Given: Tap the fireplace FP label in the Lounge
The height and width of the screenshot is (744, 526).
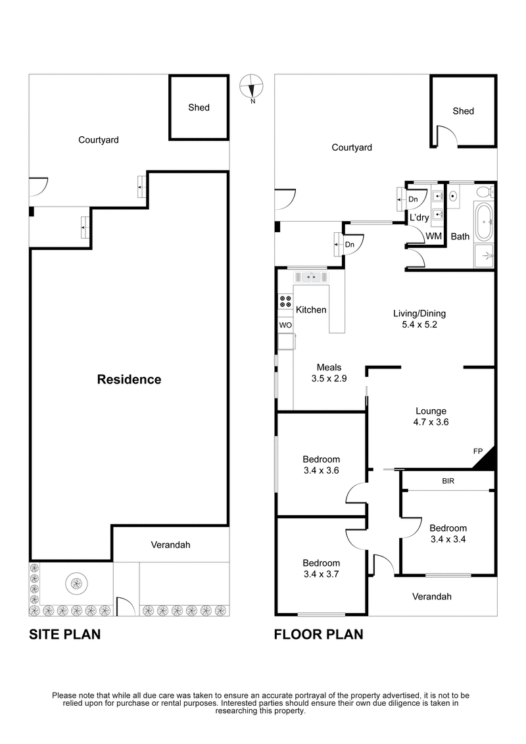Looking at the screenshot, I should pyautogui.click(x=478, y=451).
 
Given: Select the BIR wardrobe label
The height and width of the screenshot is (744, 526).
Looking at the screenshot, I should pyautogui.click(x=448, y=482).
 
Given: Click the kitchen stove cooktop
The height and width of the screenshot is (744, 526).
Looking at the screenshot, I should pyautogui.click(x=286, y=301).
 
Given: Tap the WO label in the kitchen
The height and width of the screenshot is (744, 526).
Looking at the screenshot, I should pyautogui.click(x=285, y=326).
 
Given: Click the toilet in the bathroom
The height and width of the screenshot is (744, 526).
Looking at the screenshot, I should pyautogui.click(x=485, y=193).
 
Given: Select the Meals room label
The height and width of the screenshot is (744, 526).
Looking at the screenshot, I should pyautogui.click(x=329, y=368).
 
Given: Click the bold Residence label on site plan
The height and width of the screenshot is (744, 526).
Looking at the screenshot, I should pyautogui.click(x=129, y=380).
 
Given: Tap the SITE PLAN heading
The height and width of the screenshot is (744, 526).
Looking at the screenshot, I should pyautogui.click(x=64, y=635).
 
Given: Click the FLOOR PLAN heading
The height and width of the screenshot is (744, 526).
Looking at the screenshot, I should pyautogui.click(x=318, y=635).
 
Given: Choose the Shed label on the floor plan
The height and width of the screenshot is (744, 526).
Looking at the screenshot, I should pyautogui.click(x=463, y=111).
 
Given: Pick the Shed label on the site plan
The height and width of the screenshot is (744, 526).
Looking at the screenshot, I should pyautogui.click(x=199, y=107).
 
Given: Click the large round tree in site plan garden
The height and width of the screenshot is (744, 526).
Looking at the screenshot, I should pyautogui.click(x=76, y=582).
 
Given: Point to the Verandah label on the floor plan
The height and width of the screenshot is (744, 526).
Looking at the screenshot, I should pyautogui.click(x=432, y=597).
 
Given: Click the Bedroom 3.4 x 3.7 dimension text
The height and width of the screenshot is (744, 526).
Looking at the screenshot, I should pyautogui.click(x=321, y=574).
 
